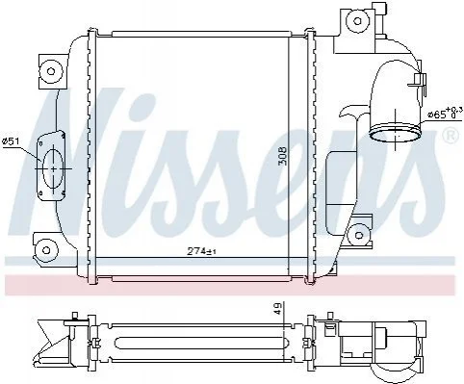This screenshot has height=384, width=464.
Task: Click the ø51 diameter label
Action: coord(11,141)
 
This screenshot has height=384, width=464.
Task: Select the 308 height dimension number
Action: coord(283,156)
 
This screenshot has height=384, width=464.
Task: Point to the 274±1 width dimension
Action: coord(201,252)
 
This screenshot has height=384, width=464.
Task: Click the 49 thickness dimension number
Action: coord(278,309)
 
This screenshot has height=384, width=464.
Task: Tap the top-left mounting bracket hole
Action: coord(50,71)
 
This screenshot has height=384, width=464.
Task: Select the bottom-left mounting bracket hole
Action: coord(46,250)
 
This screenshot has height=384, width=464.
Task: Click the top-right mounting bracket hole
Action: coord(358,21)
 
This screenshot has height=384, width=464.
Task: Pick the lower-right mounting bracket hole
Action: coord(359,236)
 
